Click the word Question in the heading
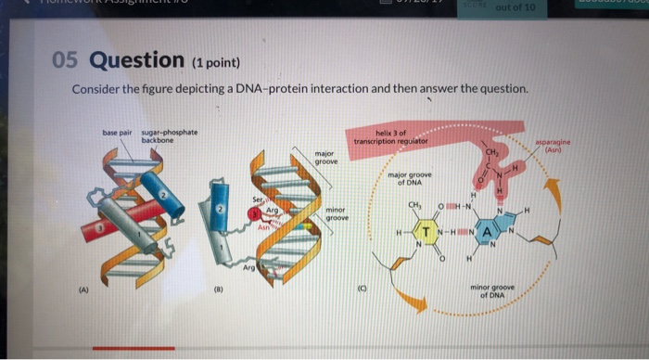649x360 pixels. coord(137,61)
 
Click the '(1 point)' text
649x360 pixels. coord(214,63)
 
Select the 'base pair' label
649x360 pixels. coord(116,134)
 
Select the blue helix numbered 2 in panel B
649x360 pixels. coord(220,214)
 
